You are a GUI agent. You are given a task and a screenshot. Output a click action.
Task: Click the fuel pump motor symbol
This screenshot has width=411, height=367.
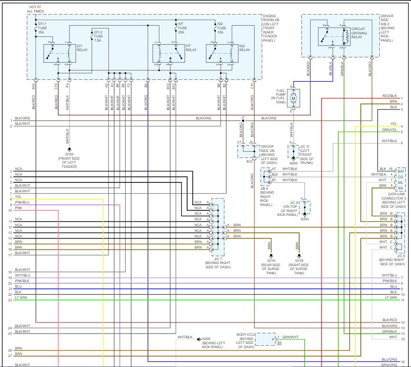294,98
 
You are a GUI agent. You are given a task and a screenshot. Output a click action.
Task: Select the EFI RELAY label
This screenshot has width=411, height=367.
82,48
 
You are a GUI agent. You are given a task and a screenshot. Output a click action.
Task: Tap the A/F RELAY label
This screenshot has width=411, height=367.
191,48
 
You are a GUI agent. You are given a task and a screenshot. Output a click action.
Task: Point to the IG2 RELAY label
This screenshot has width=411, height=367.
244,48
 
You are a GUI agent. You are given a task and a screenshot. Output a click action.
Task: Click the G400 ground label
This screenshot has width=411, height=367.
294,163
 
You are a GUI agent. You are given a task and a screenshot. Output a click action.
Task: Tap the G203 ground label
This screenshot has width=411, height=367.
305,219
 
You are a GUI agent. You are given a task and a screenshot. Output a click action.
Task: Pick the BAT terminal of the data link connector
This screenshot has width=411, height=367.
401,171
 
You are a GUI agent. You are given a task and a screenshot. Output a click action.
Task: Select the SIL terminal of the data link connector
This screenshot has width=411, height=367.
401,182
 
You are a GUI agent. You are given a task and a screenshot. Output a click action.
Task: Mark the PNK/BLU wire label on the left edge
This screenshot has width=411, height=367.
22,202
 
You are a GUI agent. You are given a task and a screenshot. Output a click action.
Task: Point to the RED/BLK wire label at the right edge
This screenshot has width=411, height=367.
390,96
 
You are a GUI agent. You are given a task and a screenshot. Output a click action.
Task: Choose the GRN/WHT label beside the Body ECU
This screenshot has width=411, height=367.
291,337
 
